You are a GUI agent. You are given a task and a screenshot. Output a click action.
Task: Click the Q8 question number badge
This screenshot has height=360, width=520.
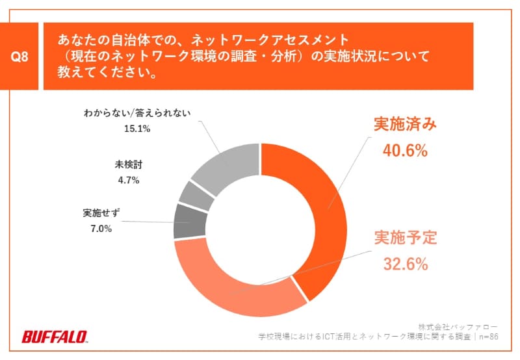21,57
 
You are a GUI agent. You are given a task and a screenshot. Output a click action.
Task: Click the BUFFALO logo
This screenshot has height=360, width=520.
55,337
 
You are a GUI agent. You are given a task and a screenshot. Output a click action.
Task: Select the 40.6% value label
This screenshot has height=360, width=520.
404,151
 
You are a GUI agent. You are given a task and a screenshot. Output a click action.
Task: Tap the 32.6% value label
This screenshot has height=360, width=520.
404,264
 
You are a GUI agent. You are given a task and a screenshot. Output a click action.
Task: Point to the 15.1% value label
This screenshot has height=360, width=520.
137,129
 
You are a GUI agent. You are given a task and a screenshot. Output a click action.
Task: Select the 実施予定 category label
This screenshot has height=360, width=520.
404,238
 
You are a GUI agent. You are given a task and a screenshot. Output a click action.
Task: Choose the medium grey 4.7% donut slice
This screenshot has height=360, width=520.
196,194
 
